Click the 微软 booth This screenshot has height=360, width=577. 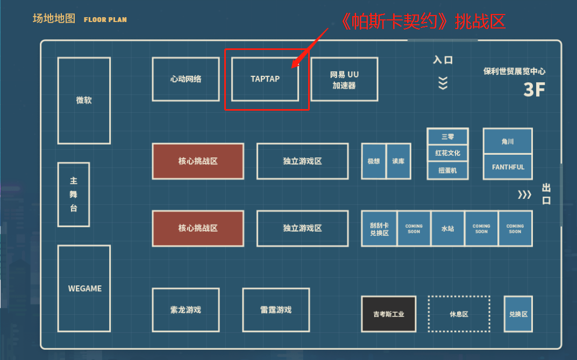coord(84,100)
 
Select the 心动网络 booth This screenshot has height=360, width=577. coord(186,79)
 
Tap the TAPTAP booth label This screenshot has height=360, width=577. coord(265,79)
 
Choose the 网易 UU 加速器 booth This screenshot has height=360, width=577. coord(345,79)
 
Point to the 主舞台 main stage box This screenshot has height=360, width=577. coord(74,195)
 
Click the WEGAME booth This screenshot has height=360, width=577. coord(84,289)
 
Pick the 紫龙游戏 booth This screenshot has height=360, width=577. coord(186,310)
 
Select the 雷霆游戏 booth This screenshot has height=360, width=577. coord(276,310)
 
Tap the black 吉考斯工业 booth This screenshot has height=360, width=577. coord(389,314)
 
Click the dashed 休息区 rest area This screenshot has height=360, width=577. coord(459,314)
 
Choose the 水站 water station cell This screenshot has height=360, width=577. coord(448,228)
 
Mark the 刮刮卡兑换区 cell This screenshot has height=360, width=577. coord(380,228)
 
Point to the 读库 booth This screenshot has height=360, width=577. coord(398,161)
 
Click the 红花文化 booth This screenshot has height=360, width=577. coord(447,153)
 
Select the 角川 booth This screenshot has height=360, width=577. coord(508,141)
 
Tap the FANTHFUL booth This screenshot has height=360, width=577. coord(508,167)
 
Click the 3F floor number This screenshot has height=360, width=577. coord(534,89)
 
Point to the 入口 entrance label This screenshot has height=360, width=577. coord(443,60)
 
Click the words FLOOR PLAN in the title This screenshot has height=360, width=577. coord(105,20)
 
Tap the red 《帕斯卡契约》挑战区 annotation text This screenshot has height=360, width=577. coord(422,21)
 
